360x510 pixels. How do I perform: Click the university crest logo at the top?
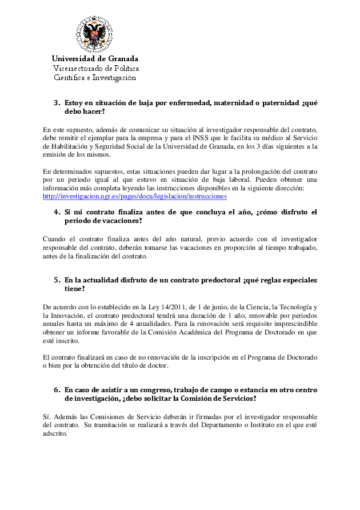[95, 34]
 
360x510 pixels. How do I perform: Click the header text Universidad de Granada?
[95, 59]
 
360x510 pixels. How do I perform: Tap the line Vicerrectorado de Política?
[96, 68]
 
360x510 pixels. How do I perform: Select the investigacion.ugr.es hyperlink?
[135, 196]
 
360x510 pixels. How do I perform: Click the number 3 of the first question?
[57, 103]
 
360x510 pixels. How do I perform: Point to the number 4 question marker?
[57, 212]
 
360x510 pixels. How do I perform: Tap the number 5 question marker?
[57, 280]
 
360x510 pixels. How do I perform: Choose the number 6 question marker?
[57, 389]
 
